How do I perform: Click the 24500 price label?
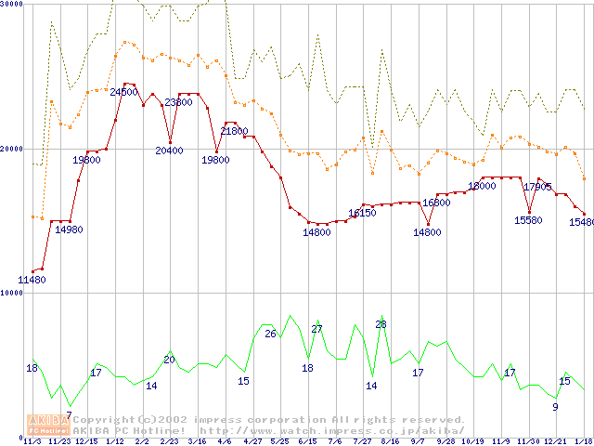pyautogui.click(x=123, y=92)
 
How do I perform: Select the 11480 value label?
pyautogui.click(x=32, y=280)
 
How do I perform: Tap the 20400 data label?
pyautogui.click(x=169, y=151)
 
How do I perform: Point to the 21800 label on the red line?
pyautogui.click(x=234, y=132)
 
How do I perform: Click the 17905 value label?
pyautogui.click(x=538, y=187)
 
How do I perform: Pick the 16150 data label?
pyautogui.click(x=362, y=214)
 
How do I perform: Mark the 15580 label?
pyautogui.click(x=529, y=220)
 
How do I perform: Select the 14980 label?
pyautogui.click(x=69, y=230)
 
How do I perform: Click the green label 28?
pyautogui.click(x=381, y=324)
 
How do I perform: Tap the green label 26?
pyautogui.click(x=270, y=334)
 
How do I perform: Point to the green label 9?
pyautogui.click(x=555, y=406)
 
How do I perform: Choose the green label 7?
pyautogui.click(x=69, y=415)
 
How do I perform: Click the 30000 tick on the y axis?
pyautogui.click(x=12, y=5)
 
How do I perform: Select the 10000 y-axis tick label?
pyautogui.click(x=12, y=293)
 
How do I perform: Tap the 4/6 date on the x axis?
pyautogui.click(x=224, y=441)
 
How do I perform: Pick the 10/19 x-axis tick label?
pyautogui.click(x=472, y=441)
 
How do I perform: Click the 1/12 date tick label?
pyautogui.click(x=115, y=441)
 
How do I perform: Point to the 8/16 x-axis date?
pyautogui.click(x=390, y=441)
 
